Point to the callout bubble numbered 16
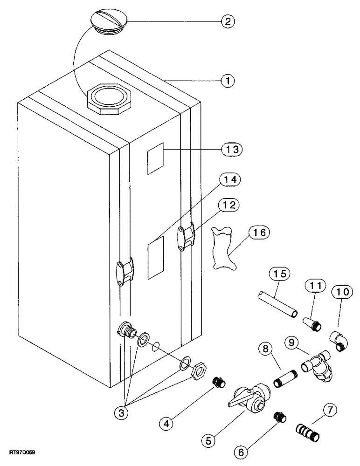[x=259, y=233]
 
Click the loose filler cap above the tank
[x=108, y=22]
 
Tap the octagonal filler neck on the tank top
[x=111, y=99]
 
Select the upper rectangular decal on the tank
[x=156, y=158]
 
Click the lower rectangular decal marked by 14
[x=156, y=258]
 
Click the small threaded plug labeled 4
[x=219, y=384]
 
